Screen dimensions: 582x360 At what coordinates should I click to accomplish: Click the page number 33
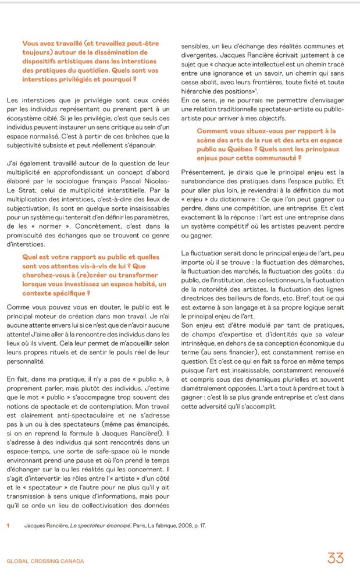336,559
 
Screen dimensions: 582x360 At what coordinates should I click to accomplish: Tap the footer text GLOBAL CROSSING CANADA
45,561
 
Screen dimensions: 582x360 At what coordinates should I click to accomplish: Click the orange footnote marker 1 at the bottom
8,526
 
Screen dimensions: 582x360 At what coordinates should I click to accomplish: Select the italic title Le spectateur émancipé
99,526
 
